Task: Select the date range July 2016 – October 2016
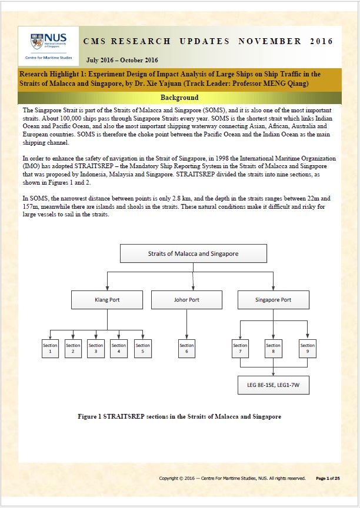coord(122,60)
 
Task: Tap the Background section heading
coord(179,98)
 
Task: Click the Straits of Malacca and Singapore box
coord(193,254)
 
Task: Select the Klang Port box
coord(107,300)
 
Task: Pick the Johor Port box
coord(186,300)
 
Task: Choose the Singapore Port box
coord(273,300)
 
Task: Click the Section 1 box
coord(50,349)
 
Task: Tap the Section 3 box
coord(96,349)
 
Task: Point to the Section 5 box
coord(142,349)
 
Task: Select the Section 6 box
coord(186,349)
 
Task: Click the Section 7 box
coord(240,349)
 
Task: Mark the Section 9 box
coord(308,349)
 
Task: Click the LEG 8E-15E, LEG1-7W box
coord(274,385)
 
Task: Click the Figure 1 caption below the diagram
coord(179,417)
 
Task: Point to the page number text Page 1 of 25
coord(328,479)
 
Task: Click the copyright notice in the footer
coord(232,479)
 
